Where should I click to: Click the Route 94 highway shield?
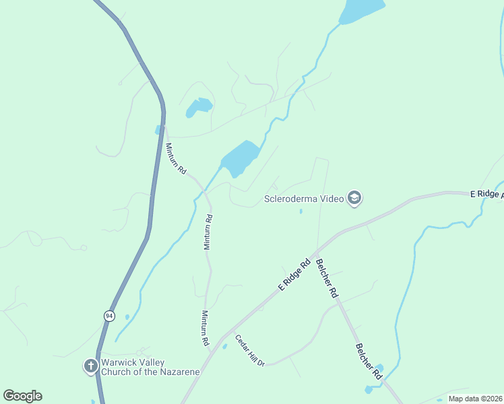pyautogui.click(x=108, y=314)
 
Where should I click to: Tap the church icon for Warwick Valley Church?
pyautogui.click(x=91, y=366)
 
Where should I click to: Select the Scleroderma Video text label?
pyautogui.click(x=303, y=199)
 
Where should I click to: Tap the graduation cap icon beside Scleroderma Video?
pyautogui.click(x=355, y=198)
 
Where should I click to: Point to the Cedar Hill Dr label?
pyautogui.click(x=249, y=350)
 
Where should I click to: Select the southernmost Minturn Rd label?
pyautogui.click(x=205, y=328)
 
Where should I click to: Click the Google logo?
pyautogui.click(x=23, y=396)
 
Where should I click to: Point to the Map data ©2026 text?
pyautogui.click(x=475, y=399)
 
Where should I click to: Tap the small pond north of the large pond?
pyautogui.click(x=199, y=107)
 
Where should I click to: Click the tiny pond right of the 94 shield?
pyautogui.click(x=127, y=316)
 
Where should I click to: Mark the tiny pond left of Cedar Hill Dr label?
pyautogui.click(x=224, y=346)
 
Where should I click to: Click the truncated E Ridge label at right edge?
pyautogui.click(x=486, y=194)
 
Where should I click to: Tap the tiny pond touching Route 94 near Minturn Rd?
pyautogui.click(x=158, y=129)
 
